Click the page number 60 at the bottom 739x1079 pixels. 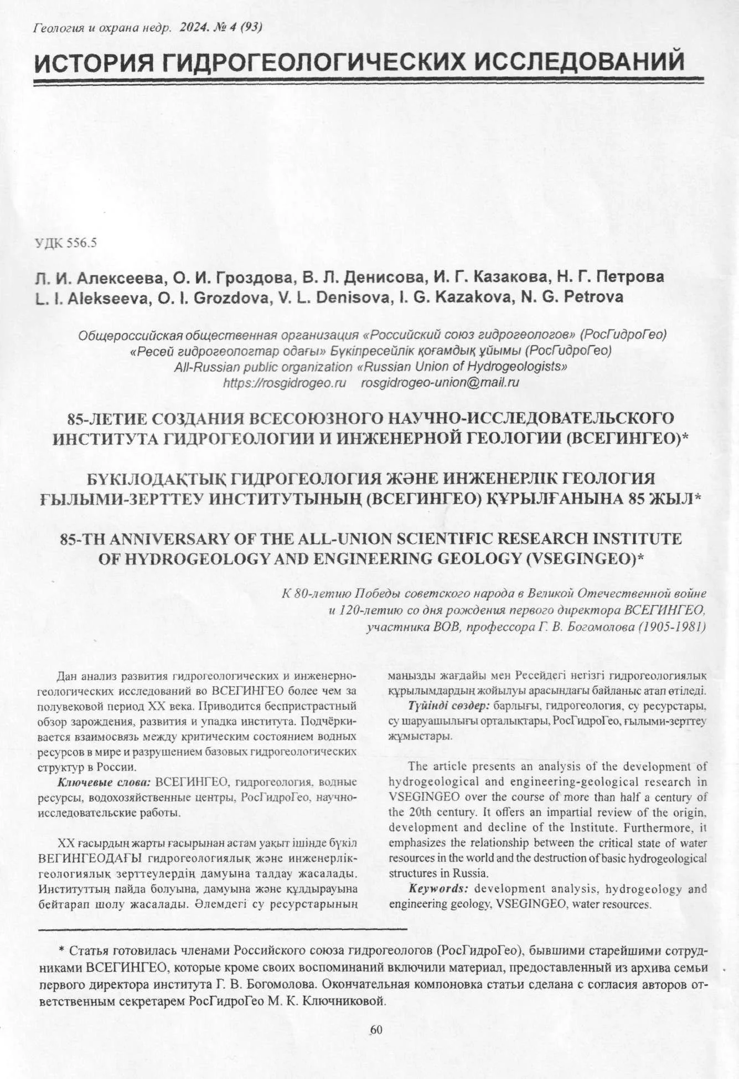[x=376, y=1030]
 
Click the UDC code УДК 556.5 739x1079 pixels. [x=66, y=243]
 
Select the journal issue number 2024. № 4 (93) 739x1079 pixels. [x=221, y=27]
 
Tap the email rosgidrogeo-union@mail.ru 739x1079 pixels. [x=440, y=383]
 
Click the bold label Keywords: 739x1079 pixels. [x=439, y=889]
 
